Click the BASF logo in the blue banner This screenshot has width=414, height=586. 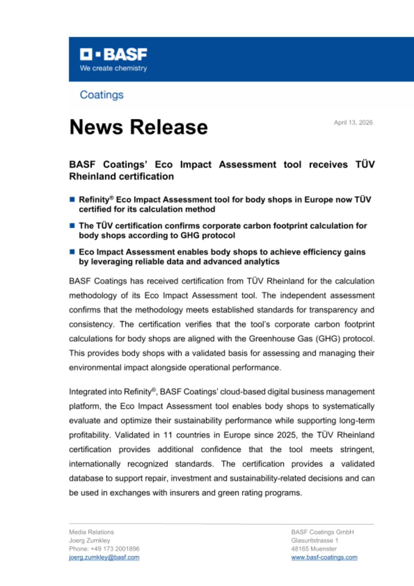113,54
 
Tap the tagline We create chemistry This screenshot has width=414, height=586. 113,68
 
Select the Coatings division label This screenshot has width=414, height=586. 102,95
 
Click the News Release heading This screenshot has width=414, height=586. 138,127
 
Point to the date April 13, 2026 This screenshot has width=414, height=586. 353,122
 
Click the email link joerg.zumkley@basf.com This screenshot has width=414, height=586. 104,557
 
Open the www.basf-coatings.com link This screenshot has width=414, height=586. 324,557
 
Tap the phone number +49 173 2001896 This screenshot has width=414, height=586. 115,549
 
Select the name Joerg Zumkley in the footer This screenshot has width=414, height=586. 90,540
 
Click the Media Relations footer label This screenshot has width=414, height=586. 91,532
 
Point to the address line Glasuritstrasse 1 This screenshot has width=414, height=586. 314,540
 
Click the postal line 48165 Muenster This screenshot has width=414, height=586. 314,549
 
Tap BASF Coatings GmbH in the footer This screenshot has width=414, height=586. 322,532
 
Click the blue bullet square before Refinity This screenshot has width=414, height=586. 72,200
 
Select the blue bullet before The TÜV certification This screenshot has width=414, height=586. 72,226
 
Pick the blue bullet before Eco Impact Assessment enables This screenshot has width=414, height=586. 72,252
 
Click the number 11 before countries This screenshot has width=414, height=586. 167,435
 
